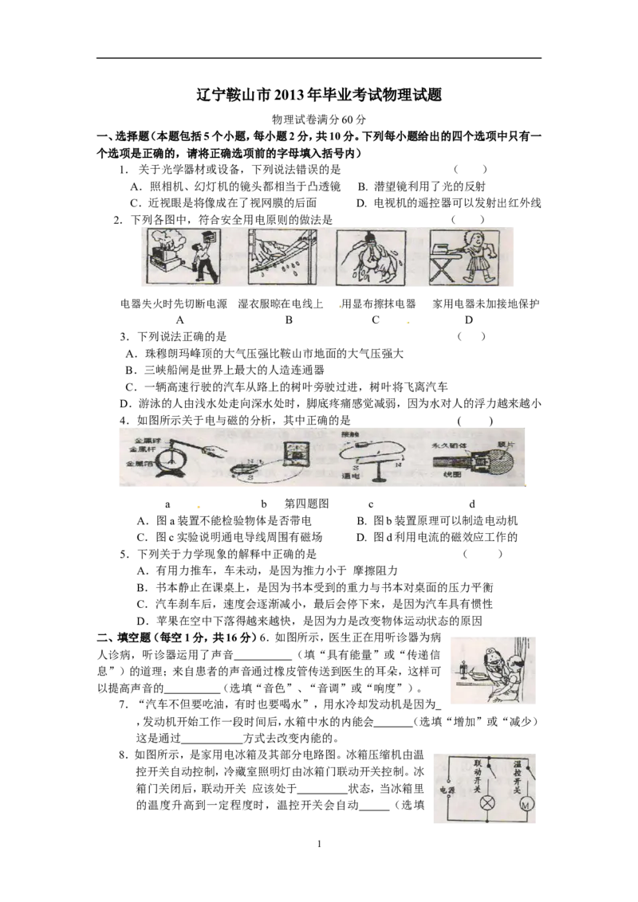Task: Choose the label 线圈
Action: [x=453, y=476]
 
